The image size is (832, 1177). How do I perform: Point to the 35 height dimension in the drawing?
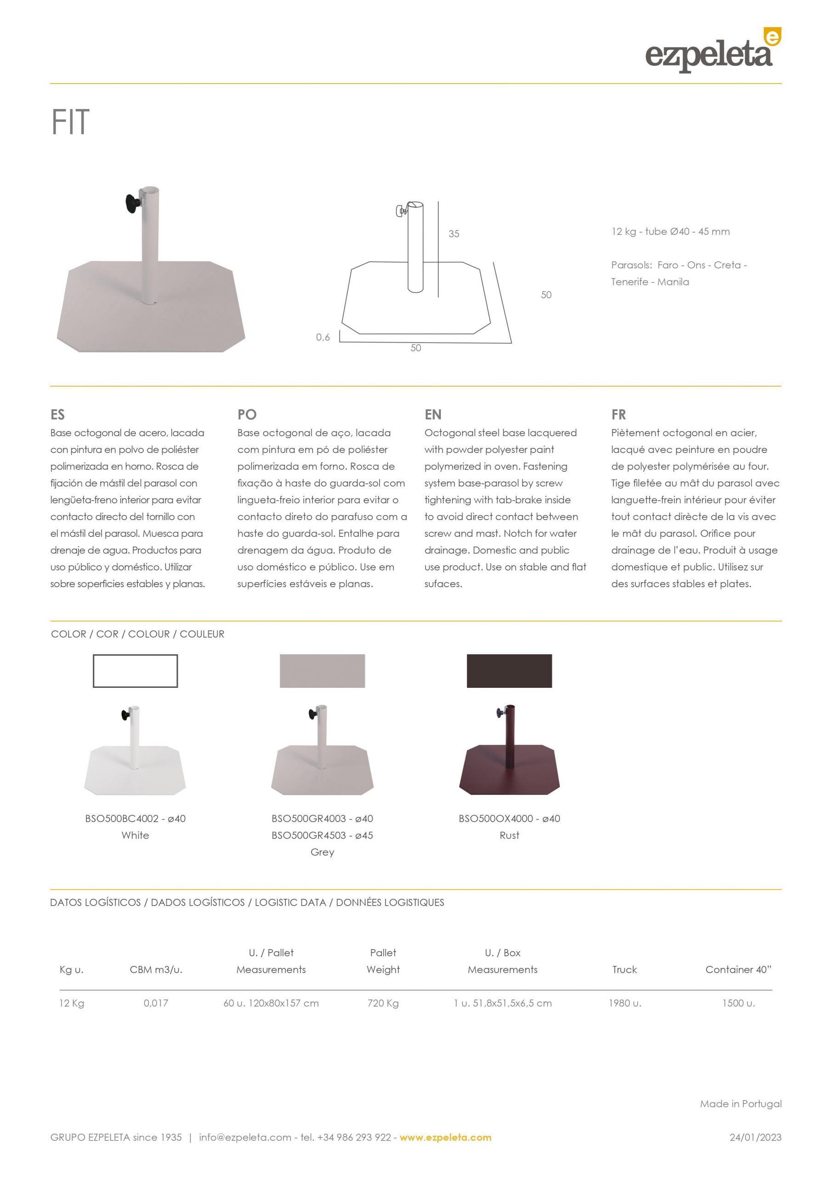click(x=454, y=234)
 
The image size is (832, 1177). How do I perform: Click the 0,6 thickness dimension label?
click(x=323, y=337)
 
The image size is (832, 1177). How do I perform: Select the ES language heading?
click(x=57, y=414)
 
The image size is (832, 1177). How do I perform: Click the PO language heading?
click(x=247, y=414)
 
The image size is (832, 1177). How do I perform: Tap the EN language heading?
click(x=433, y=414)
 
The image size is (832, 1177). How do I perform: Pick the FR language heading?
click(x=618, y=414)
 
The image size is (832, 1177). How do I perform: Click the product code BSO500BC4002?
click(x=122, y=818)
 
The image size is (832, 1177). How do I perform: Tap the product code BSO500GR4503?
click(x=308, y=835)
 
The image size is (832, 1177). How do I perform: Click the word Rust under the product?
click(x=509, y=835)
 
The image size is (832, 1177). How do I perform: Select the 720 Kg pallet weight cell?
click(x=383, y=1003)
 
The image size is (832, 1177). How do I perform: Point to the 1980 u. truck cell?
click(x=624, y=1003)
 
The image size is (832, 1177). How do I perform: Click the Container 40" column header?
click(x=738, y=969)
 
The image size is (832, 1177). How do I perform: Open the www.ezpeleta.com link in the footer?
click(x=445, y=1137)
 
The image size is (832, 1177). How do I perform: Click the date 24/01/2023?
click(x=756, y=1137)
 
